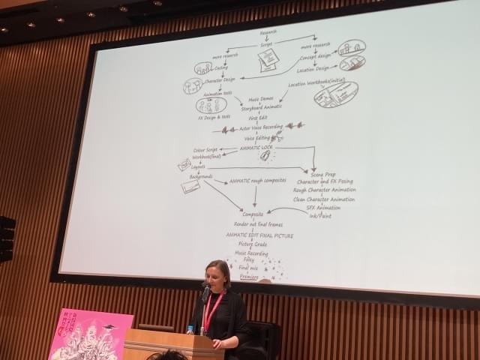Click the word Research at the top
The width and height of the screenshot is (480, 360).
point(268,32)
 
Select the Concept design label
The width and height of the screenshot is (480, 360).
point(316,56)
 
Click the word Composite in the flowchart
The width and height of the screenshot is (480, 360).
point(253,214)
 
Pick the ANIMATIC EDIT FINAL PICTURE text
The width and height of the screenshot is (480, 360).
point(259,235)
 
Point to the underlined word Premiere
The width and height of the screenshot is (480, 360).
point(249,277)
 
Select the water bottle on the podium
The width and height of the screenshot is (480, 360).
point(190,330)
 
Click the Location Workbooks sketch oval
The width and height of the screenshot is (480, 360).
point(335,94)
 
